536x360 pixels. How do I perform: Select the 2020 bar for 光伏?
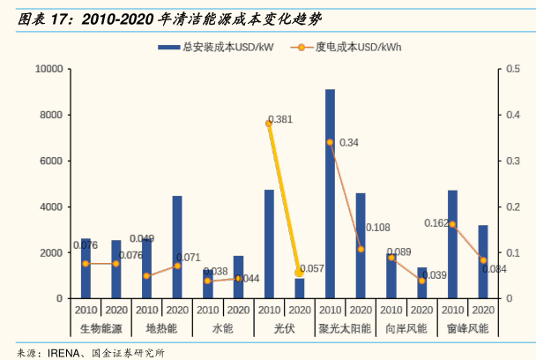click(x=300, y=288)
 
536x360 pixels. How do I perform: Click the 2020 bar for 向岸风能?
click(x=421, y=282)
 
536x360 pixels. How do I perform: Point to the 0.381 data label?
click(x=279, y=118)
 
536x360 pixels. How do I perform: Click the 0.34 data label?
click(x=348, y=142)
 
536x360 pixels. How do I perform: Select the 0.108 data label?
click(x=377, y=228)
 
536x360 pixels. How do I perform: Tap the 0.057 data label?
click(x=312, y=268)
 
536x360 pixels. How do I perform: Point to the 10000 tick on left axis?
click(x=48, y=69)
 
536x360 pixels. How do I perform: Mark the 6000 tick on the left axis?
click(x=50, y=161)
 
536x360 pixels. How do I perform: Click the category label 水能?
click(x=223, y=328)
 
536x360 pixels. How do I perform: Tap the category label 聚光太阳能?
click(x=346, y=328)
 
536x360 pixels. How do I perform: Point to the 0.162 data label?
click(x=436, y=223)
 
